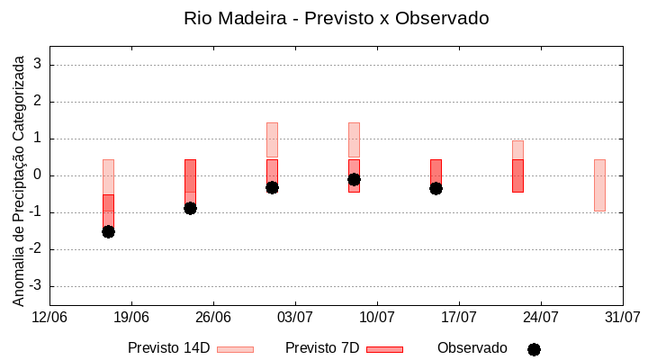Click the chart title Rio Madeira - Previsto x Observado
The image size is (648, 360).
[x=336, y=19]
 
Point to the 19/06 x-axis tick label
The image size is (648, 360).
[x=131, y=317]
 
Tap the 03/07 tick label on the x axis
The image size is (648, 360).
[x=294, y=317]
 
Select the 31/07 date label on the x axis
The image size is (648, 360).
[x=622, y=317]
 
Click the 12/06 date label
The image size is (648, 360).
[x=49, y=317]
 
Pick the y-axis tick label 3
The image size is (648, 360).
[x=39, y=65]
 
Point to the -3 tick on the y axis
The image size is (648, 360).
[x=36, y=286]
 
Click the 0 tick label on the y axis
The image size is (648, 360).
[x=39, y=175]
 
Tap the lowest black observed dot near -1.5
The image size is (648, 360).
[x=108, y=231]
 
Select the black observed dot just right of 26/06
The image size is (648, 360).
[x=190, y=208]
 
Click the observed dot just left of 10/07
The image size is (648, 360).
[x=354, y=179]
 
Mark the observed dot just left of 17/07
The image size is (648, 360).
[x=436, y=188]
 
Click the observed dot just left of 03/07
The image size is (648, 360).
[x=272, y=187]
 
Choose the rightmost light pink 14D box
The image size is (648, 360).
[x=599, y=184]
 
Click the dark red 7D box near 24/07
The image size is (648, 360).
[x=517, y=175]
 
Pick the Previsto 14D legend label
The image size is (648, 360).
[x=168, y=348]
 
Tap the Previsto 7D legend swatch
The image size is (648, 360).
[x=384, y=348]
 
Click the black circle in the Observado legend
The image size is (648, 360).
[x=534, y=349]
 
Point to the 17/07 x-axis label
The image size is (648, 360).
[x=459, y=317]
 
